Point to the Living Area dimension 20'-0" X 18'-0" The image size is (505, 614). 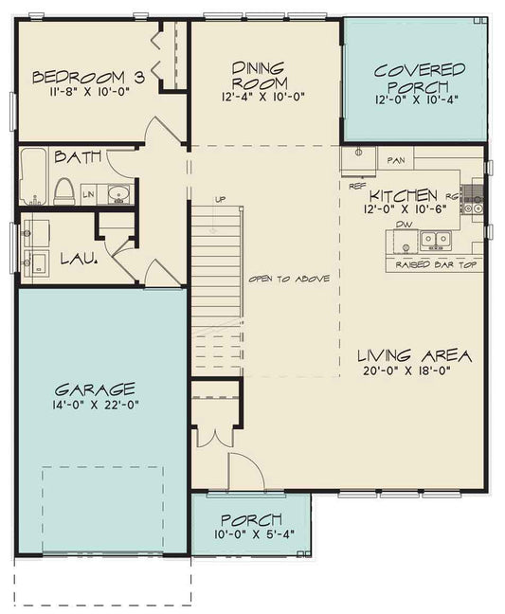tap(414, 370)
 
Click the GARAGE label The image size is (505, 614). tap(95, 389)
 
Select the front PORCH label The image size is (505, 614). tap(251, 519)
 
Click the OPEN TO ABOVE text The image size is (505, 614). tap(289, 279)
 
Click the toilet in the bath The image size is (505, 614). tap(63, 192)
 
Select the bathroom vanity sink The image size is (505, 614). tap(119, 195)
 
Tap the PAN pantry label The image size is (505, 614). tap(396, 161)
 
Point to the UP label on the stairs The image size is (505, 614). tap(222, 200)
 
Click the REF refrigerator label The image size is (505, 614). tap(357, 186)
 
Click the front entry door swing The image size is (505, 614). tap(243, 470)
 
